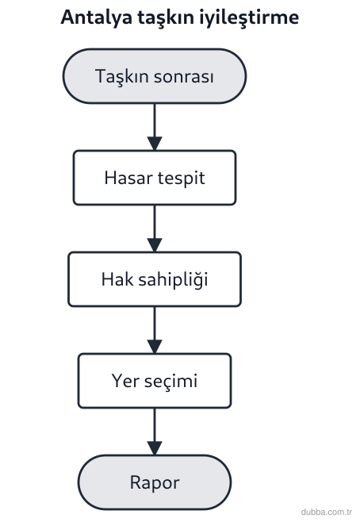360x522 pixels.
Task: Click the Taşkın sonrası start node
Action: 155,76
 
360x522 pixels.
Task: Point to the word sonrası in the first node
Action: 184,77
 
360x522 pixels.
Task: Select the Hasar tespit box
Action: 155,178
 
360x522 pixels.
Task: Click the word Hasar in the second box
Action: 128,178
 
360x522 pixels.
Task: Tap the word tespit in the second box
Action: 181,178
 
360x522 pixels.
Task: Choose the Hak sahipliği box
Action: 155,279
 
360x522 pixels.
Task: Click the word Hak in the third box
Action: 117,279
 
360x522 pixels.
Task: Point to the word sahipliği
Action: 173,280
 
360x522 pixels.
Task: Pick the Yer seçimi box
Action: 155,381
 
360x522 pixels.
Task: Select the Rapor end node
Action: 155,482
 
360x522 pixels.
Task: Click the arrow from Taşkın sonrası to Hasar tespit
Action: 155,127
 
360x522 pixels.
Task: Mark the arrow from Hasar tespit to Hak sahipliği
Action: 155,228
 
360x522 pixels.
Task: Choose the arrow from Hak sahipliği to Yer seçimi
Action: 155,330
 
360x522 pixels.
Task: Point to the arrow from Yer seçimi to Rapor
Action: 155,432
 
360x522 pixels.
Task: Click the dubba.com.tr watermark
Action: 327,512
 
